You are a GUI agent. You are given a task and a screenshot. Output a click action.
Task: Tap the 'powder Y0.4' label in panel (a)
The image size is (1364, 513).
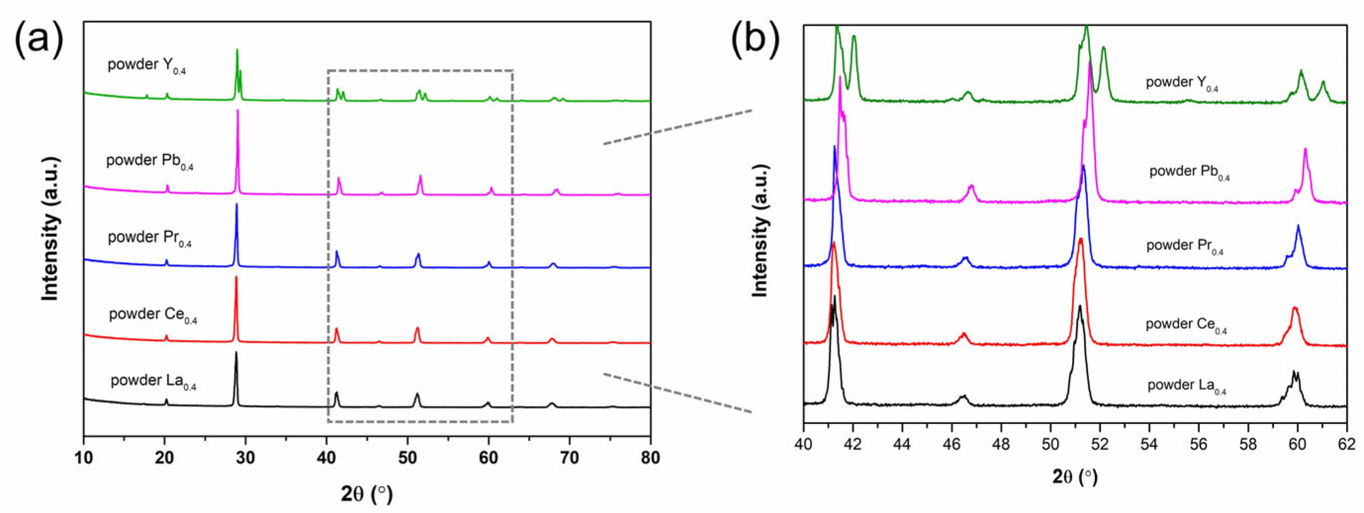pyautogui.click(x=146, y=66)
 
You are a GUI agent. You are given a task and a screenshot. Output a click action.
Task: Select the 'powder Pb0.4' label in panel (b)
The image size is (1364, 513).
pyautogui.click(x=1189, y=172)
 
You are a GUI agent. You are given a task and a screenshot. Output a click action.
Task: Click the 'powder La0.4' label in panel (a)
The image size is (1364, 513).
pyautogui.click(x=153, y=382)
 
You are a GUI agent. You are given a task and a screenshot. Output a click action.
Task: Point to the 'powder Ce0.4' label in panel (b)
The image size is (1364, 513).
pyautogui.click(x=1186, y=325)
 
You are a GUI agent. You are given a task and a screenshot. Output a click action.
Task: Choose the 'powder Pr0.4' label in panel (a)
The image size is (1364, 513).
pyautogui.click(x=149, y=238)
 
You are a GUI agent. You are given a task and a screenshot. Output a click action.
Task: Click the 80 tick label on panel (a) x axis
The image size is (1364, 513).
pyautogui.click(x=650, y=458)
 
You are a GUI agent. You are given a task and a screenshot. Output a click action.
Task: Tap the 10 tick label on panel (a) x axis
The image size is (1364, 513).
pyautogui.click(x=84, y=458)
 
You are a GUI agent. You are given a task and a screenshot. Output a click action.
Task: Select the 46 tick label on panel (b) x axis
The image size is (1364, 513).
pyautogui.click(x=951, y=444)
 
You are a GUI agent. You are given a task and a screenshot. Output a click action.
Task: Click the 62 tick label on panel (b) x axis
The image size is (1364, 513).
pyautogui.click(x=1346, y=444)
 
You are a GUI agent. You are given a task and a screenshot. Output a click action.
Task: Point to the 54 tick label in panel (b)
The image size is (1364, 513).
pyautogui.click(x=1149, y=444)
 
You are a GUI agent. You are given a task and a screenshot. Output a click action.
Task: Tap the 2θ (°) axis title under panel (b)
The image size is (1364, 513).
pyautogui.click(x=1075, y=477)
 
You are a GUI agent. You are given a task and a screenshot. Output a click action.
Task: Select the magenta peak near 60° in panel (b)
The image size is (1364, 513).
pyautogui.click(x=1305, y=151)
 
